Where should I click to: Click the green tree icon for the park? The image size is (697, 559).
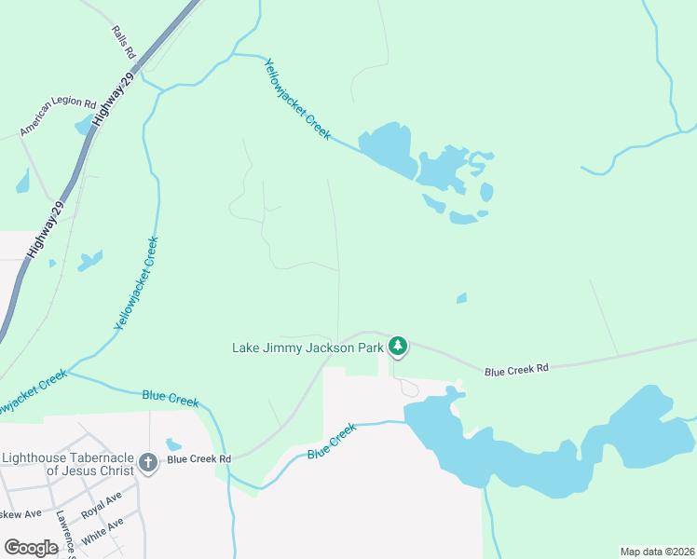click(398, 348)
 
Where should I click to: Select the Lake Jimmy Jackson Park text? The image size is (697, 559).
click(307, 348)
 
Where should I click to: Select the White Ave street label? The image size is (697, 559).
click(102, 530)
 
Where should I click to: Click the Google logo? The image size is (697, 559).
click(31, 548)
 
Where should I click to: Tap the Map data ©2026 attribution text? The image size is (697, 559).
click(656, 551)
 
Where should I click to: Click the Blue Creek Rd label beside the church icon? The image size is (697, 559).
click(198, 458)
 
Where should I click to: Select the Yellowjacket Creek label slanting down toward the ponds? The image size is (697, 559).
click(297, 100)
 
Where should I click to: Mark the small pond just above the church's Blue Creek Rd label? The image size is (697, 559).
click(173, 444)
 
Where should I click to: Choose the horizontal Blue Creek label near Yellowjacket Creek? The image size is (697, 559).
click(171, 398)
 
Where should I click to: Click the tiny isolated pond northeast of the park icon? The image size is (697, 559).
click(461, 298)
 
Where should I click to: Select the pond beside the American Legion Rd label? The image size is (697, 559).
click(84, 125)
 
